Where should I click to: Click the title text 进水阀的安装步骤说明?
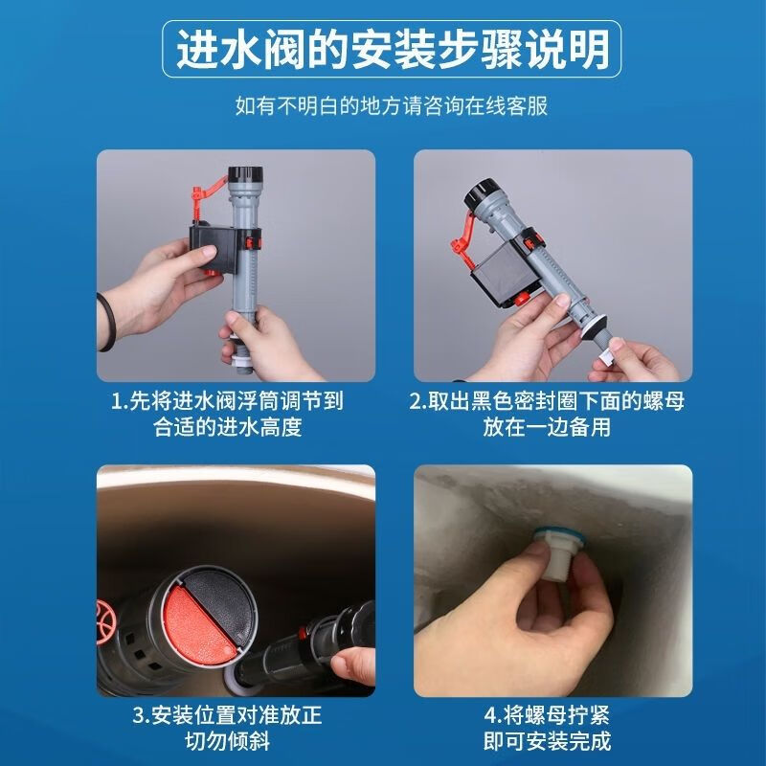click(x=392, y=50)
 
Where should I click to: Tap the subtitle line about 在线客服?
click(x=392, y=106)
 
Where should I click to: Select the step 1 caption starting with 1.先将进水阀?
click(x=228, y=414)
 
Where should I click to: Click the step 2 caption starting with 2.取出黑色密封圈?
click(x=547, y=414)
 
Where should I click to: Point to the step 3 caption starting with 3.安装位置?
click(x=228, y=728)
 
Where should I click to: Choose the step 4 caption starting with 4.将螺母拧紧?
click(x=547, y=728)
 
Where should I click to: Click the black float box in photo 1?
click(x=214, y=249)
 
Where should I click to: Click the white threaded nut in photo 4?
click(x=556, y=558)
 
